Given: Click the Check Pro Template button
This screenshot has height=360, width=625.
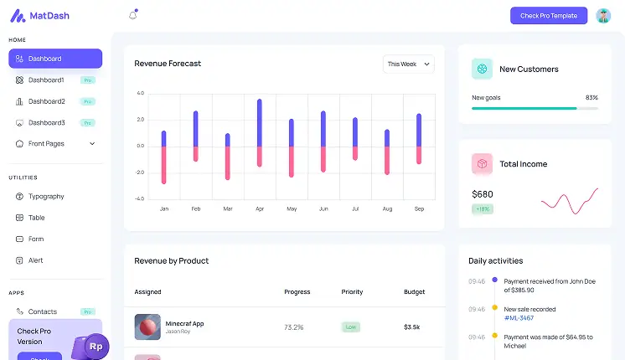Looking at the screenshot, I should (548, 16).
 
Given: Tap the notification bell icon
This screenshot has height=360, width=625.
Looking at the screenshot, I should (132, 15).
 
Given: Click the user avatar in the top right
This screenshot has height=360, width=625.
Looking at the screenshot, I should (603, 16).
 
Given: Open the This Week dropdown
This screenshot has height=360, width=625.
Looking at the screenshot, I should (409, 64).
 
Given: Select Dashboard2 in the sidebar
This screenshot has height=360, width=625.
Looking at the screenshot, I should (46, 101).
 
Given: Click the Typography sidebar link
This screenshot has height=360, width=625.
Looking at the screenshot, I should (46, 197).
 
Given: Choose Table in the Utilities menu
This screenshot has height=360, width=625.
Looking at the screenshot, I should (37, 218).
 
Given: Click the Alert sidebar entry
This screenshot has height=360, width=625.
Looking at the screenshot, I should (36, 260).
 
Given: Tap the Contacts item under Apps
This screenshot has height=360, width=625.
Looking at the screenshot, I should (43, 311).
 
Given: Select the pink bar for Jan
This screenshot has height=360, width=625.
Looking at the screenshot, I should (164, 164).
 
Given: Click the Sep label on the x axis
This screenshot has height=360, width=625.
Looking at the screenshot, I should (419, 208).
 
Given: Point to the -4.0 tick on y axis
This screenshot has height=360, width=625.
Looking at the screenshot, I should (140, 199).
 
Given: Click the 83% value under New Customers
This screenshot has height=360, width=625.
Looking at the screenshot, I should (591, 97).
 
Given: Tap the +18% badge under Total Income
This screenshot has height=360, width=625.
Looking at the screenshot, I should (483, 209).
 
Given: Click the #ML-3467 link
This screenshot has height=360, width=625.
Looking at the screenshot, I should (519, 318).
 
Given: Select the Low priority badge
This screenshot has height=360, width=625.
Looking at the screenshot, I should (351, 327).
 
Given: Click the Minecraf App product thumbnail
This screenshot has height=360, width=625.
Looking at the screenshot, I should (147, 327).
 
